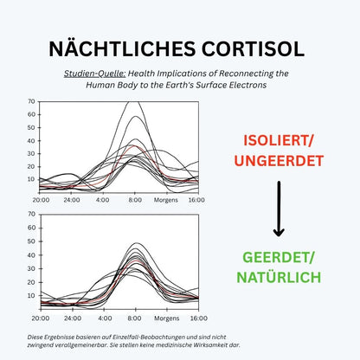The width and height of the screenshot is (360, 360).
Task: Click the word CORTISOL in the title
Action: click(253, 48)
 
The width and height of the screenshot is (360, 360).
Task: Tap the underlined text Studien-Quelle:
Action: click(94, 74)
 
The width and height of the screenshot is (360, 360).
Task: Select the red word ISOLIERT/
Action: click(279, 141)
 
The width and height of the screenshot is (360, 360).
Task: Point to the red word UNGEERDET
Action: click(279, 161)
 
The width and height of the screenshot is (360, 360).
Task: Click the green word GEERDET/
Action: click(279, 258)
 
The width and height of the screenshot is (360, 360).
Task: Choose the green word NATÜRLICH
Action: click(279, 276)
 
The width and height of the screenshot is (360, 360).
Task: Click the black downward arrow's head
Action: click(279, 231)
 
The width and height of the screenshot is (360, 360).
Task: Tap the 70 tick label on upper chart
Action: click(31, 101)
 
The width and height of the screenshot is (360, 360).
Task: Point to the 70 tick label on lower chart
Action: click(31, 214)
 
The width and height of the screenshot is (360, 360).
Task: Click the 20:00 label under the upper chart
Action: click(41, 200)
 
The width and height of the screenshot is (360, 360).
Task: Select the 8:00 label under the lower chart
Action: click(134, 318)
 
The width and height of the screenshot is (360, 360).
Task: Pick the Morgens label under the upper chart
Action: click(166, 200)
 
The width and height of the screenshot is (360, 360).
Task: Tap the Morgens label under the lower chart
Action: click(167, 318)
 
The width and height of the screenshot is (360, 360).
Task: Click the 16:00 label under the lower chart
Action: click(199, 318)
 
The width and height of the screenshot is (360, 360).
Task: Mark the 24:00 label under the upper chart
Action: click(72, 200)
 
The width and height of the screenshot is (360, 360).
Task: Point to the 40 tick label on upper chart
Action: click(31, 141)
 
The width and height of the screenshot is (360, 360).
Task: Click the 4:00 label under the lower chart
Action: click(105, 318)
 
